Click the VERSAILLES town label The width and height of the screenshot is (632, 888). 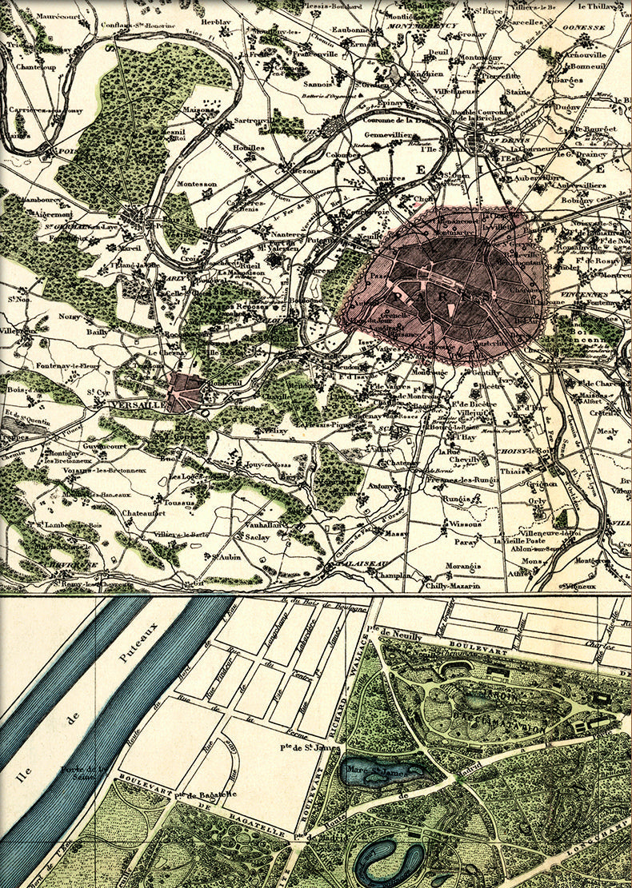click(136, 405)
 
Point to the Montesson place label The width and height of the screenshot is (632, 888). click(197, 184)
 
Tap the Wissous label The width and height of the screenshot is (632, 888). click(465, 525)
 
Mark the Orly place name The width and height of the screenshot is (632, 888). click(538, 501)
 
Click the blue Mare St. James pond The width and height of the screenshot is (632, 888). click(376, 773)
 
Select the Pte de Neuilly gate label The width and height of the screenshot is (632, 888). click(398, 633)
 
